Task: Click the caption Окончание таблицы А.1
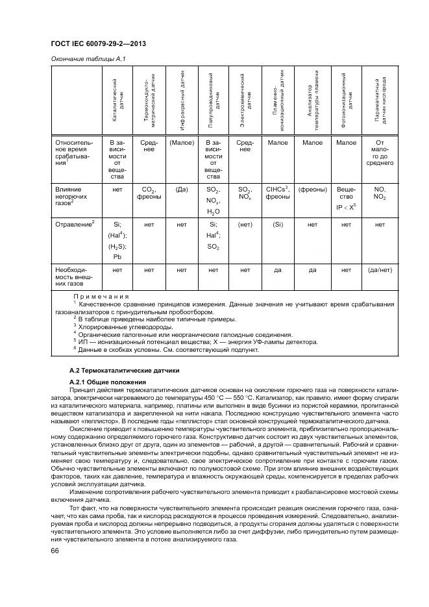(x=88, y=59)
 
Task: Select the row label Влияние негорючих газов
(x=73, y=195)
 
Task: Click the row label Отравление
(x=74, y=223)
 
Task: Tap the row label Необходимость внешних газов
(x=73, y=275)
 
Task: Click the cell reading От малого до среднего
(x=380, y=153)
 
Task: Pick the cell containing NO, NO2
(x=380, y=193)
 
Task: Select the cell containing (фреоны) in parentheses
(x=312, y=190)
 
